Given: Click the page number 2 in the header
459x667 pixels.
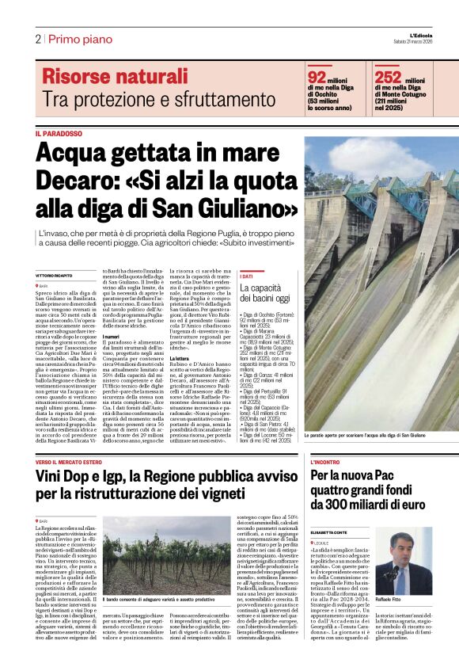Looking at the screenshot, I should click(x=38, y=39).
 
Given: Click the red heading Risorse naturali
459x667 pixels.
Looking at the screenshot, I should click(x=115, y=77).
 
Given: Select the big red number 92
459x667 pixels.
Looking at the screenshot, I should click(x=317, y=77).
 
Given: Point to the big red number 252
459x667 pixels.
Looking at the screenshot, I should click(x=388, y=77).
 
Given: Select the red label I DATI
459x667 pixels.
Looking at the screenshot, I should click(x=246, y=276).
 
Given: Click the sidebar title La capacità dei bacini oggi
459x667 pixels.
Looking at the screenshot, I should click(x=265, y=292).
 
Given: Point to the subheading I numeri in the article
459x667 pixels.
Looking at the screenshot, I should click(x=111, y=336).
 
